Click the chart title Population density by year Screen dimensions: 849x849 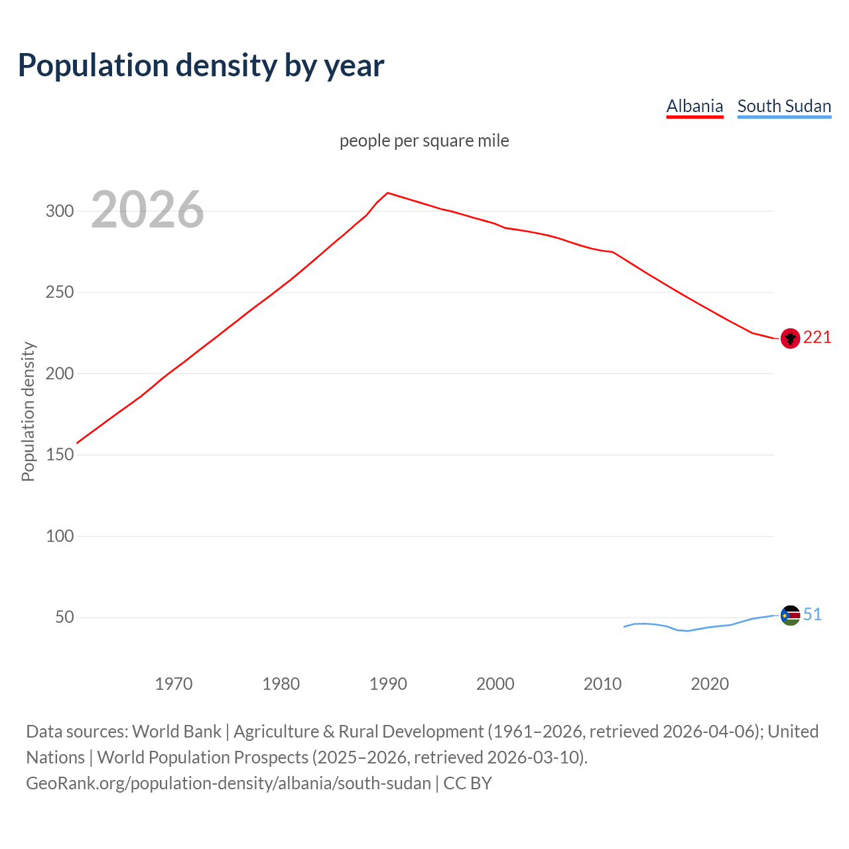pyautogui.click(x=201, y=66)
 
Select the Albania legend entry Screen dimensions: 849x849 pyautogui.click(x=694, y=106)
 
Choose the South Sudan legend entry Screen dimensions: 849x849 pyautogui.click(x=784, y=106)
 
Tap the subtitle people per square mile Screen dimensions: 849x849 pyautogui.click(x=424, y=141)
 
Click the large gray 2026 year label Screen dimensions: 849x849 pyautogui.click(x=147, y=210)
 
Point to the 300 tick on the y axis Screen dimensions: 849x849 pyautogui.click(x=59, y=211)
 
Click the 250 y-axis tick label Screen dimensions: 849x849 pyautogui.click(x=59, y=293)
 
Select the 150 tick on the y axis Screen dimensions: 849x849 pyautogui.click(x=59, y=455)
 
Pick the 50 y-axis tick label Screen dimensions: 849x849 pyautogui.click(x=64, y=618)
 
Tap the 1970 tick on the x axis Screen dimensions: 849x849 pyautogui.click(x=174, y=684)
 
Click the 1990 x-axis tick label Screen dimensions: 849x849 pyautogui.click(x=388, y=684)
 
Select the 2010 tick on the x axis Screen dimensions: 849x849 pyautogui.click(x=602, y=684)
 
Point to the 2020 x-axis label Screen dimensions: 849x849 pyautogui.click(x=710, y=684)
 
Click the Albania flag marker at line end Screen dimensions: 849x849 pyautogui.click(x=790, y=338)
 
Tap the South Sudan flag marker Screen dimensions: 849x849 pyautogui.click(x=790, y=616)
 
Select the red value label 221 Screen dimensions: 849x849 pyautogui.click(x=817, y=338)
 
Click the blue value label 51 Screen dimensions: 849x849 pyautogui.click(x=813, y=615)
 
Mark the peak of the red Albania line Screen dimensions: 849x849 pyautogui.click(x=388, y=193)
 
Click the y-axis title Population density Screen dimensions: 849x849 pyautogui.click(x=28, y=411)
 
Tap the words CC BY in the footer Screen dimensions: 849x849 pyautogui.click(x=468, y=783)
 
